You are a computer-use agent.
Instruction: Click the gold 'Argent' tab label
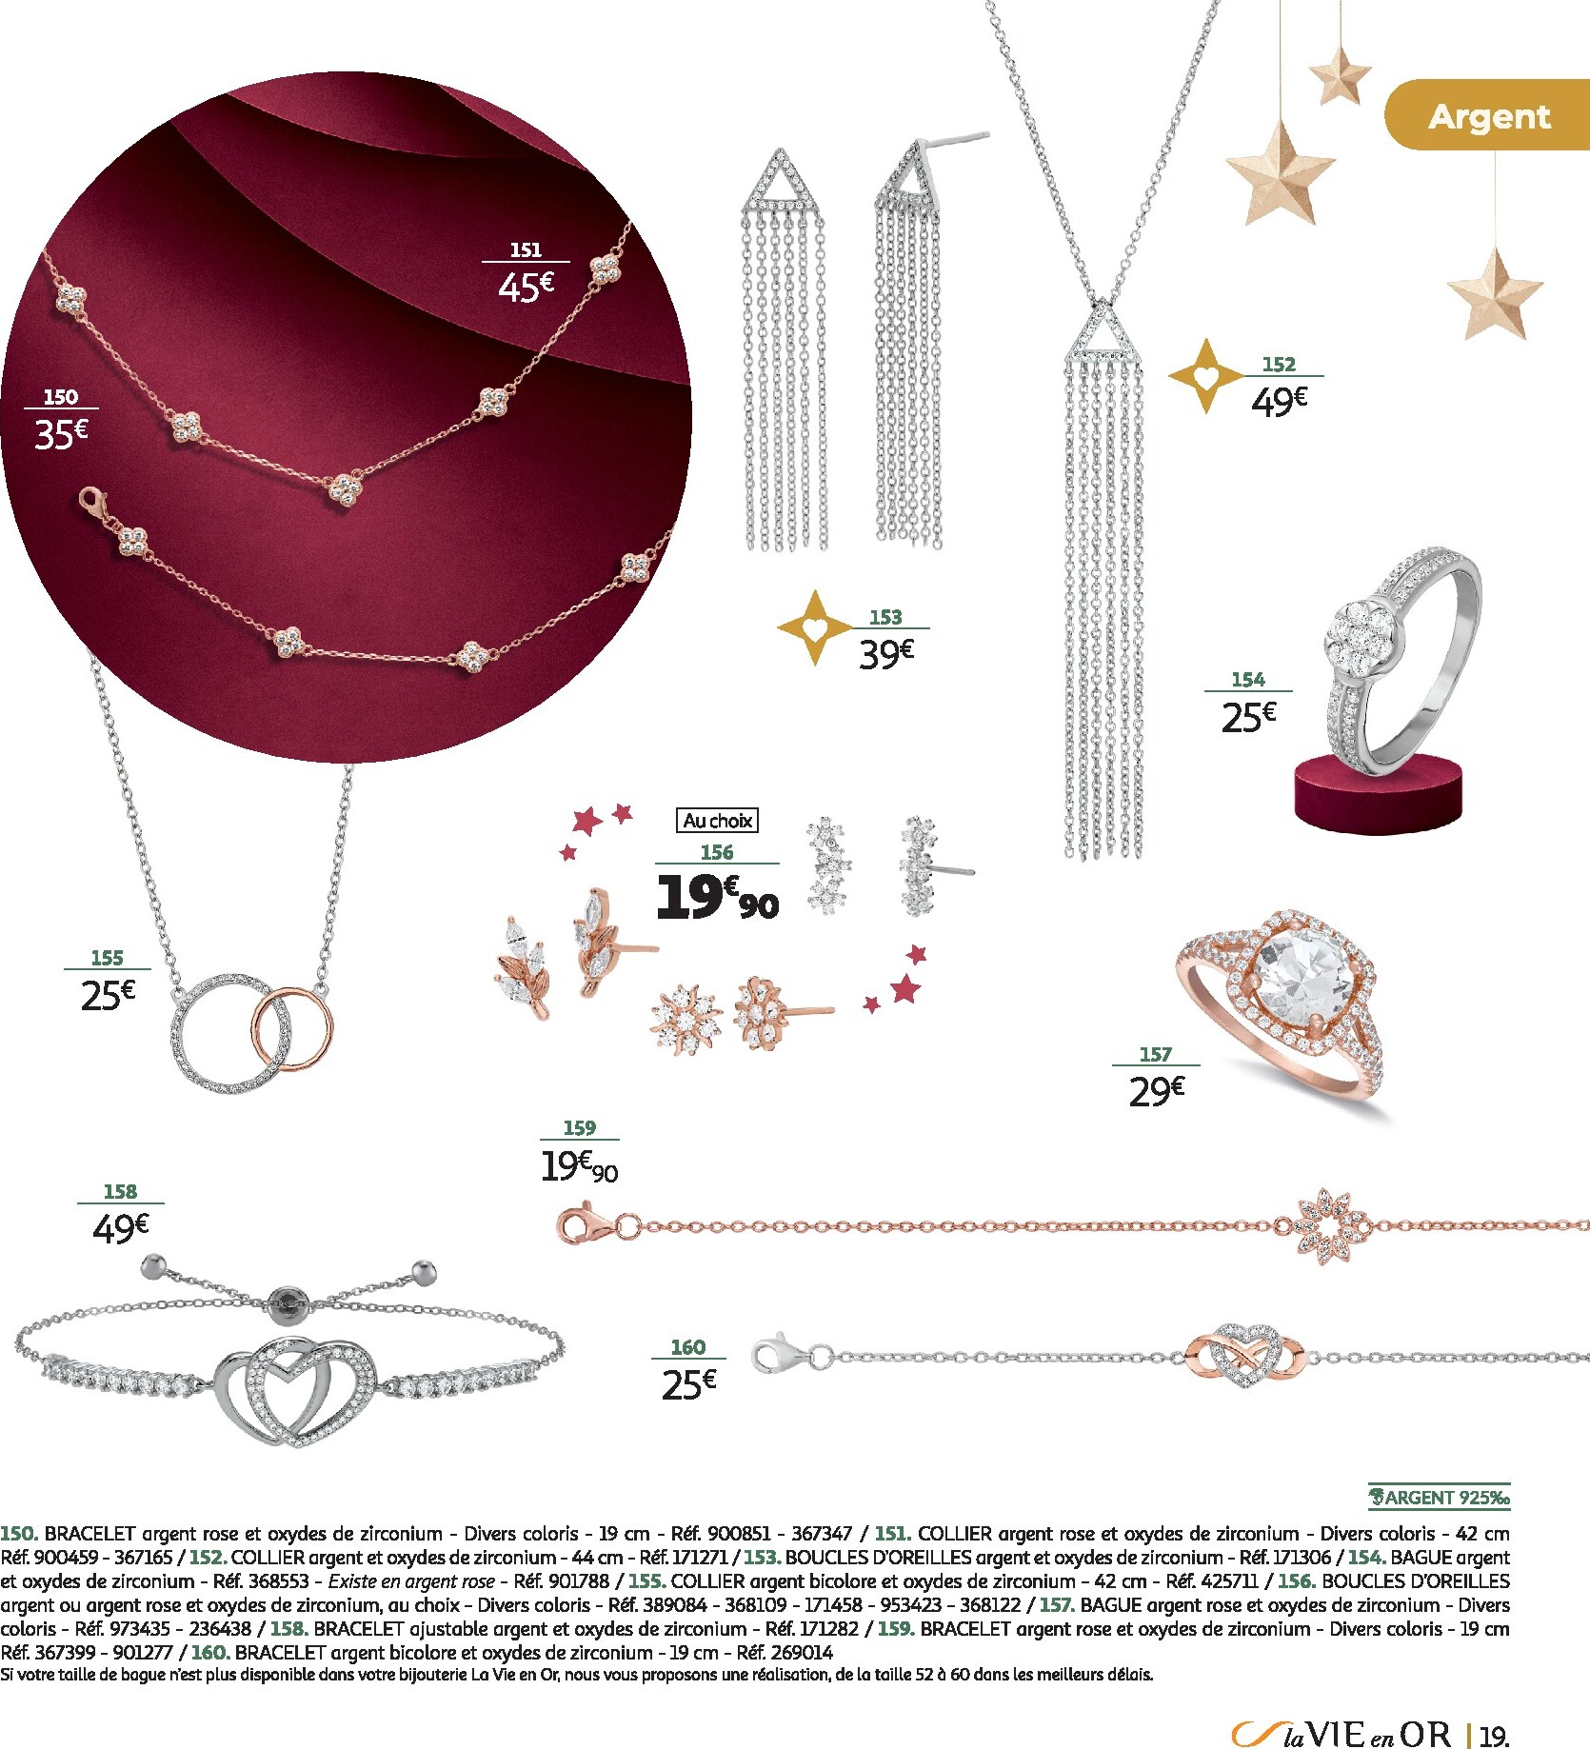pyautogui.click(x=1489, y=116)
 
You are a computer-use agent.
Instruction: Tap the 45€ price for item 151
pyautogui.click(x=526, y=286)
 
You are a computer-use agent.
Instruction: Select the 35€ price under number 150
pyautogui.click(x=61, y=433)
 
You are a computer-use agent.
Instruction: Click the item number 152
pyautogui.click(x=1279, y=364)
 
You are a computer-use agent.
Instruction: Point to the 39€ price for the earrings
pyautogui.click(x=886, y=653)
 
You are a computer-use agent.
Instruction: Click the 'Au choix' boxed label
pyautogui.click(x=718, y=821)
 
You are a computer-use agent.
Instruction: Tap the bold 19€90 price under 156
pyautogui.click(x=717, y=896)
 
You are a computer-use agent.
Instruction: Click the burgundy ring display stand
pyautogui.click(x=1377, y=792)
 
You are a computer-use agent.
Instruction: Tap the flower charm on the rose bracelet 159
pyautogui.click(x=1332, y=1226)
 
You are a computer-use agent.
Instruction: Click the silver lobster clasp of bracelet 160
pyautogui.click(x=780, y=1353)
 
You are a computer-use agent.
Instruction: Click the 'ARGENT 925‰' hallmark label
pyautogui.click(x=1440, y=1498)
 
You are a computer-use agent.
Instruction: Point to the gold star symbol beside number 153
pyautogui.click(x=816, y=627)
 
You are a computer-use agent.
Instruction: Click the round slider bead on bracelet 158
pyautogui.click(x=285, y=1302)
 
